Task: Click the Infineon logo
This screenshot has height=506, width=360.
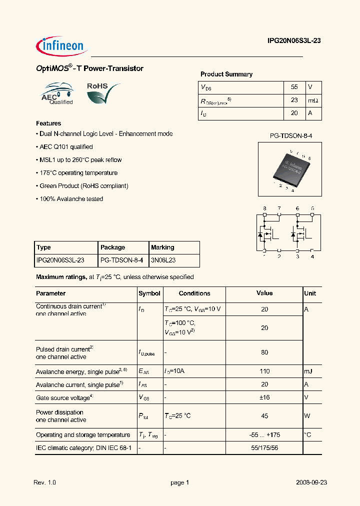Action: tap(62, 46)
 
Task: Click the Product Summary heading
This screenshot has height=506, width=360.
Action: tap(226, 74)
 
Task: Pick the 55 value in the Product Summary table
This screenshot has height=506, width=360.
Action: tap(294, 87)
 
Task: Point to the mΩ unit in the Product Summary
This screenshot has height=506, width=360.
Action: tap(313, 100)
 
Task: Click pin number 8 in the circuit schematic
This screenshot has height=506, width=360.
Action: tap(264, 208)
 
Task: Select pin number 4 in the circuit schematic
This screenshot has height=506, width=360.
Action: tap(312, 256)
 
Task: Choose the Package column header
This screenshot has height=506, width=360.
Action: tap(113, 247)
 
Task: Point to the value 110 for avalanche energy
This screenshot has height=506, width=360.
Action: tap(264, 371)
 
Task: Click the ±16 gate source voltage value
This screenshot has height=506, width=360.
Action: tap(264, 397)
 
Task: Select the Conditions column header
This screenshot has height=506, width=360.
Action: tap(194, 293)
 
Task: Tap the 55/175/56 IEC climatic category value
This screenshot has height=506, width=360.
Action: tap(264, 448)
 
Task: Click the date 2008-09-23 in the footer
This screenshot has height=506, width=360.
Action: tap(311, 482)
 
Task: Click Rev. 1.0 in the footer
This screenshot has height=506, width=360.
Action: tap(44, 482)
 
